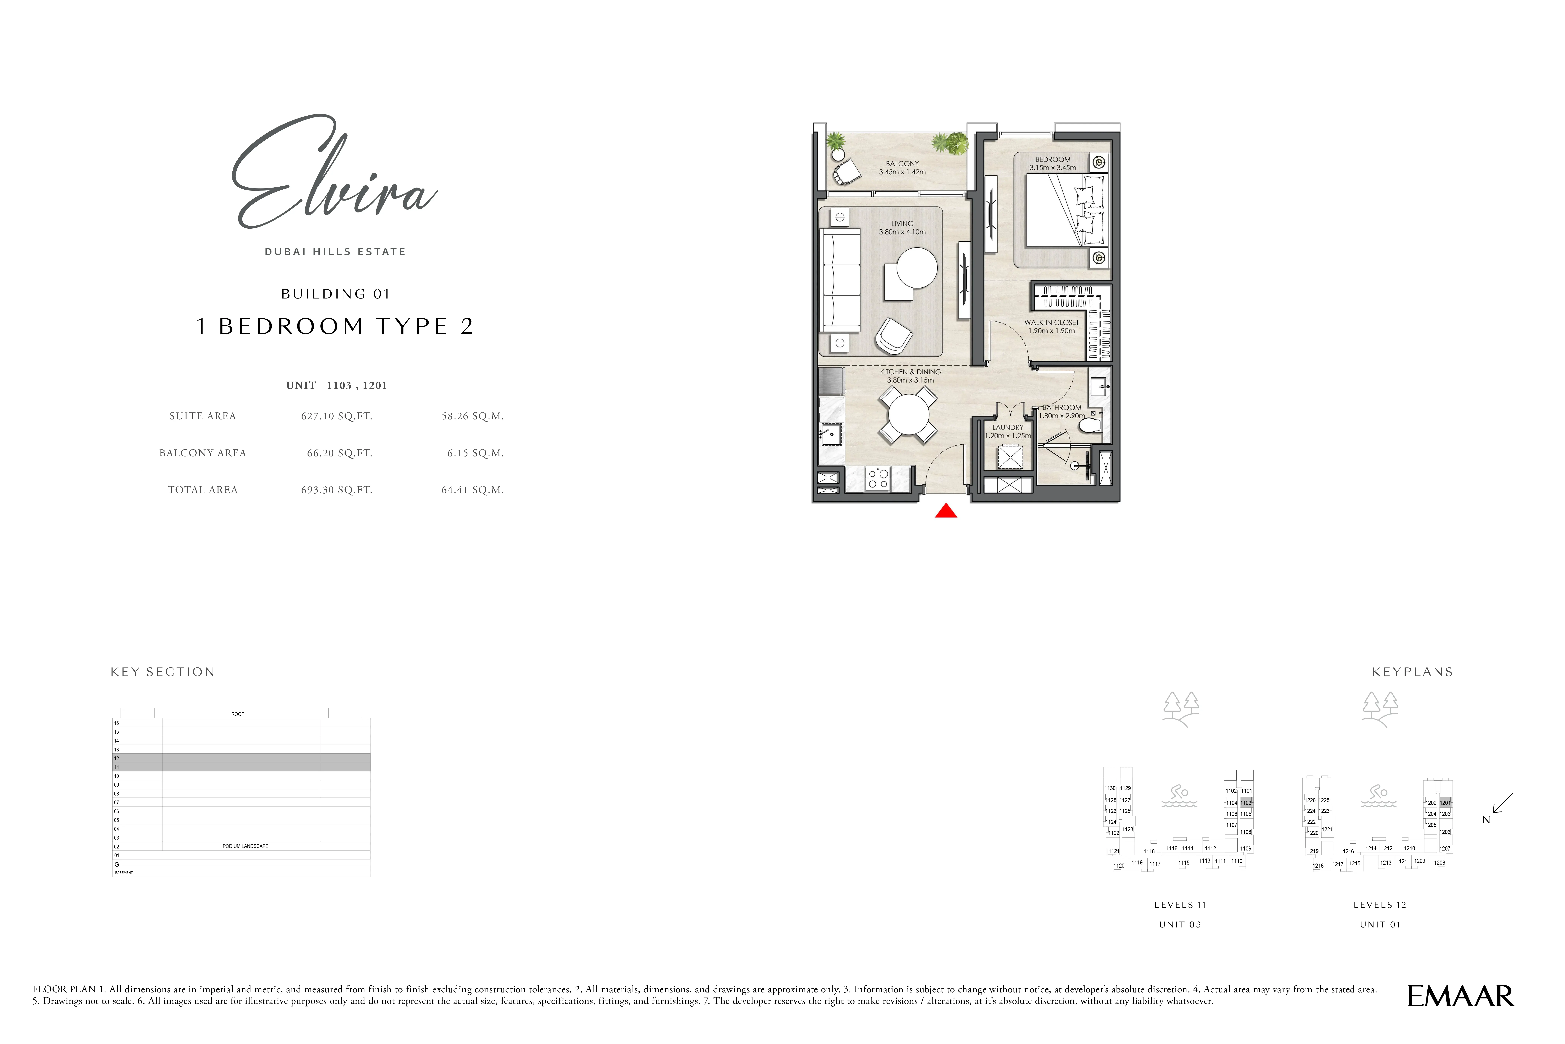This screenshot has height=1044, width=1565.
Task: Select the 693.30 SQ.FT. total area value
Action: [336, 490]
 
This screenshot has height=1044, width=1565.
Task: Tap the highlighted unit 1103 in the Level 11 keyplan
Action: [1246, 803]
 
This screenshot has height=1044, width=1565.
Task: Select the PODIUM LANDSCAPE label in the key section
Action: [245, 846]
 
